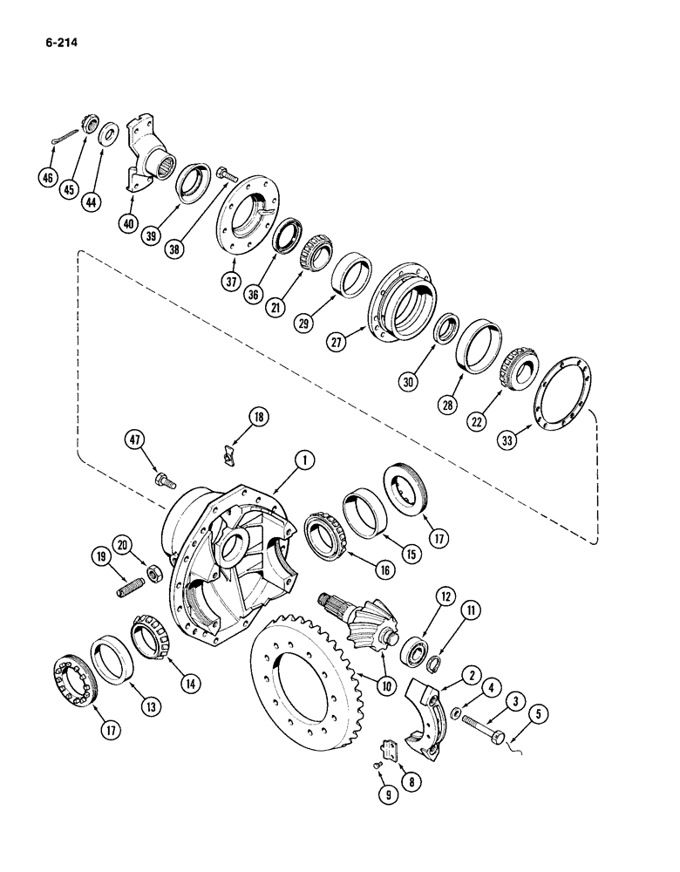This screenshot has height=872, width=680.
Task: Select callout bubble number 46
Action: point(47,181)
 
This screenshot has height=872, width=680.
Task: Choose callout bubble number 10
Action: point(384,686)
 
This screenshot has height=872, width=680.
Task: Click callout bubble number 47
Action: point(133,441)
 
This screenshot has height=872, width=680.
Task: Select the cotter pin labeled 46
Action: point(59,139)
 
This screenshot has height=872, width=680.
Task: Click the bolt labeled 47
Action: point(164,479)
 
